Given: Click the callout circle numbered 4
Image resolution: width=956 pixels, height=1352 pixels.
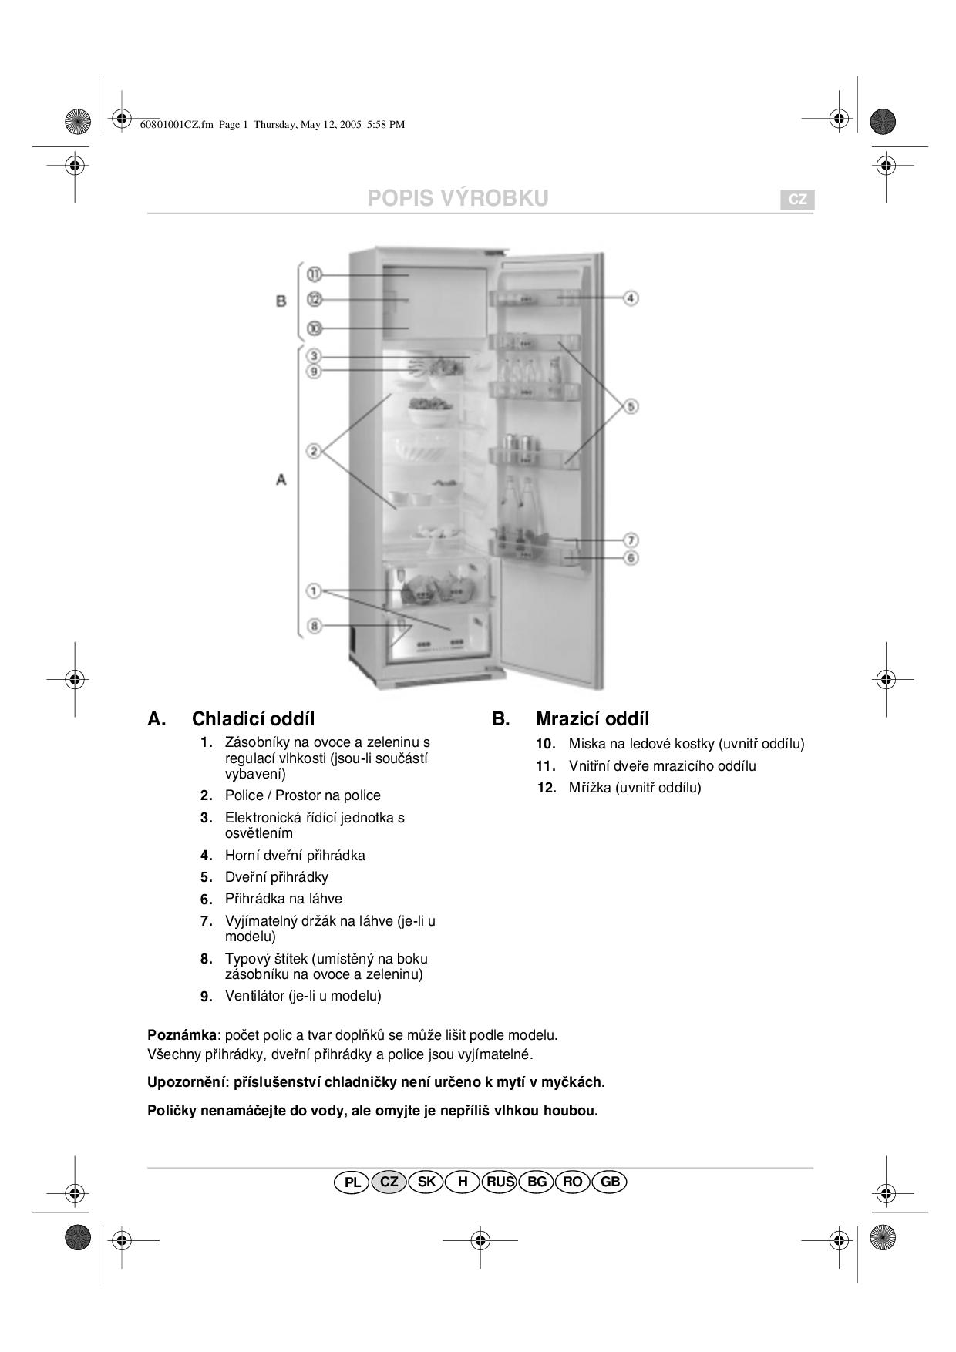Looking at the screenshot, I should pos(631,298).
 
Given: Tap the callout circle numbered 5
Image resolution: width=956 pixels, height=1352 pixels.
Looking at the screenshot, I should pos(631,405).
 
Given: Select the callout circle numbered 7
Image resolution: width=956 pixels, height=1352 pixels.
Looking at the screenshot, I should pos(631,540).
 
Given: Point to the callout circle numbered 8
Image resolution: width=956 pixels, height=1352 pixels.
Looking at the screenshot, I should pos(314,626).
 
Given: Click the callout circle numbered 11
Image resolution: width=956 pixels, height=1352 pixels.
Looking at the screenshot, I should pos(314,274).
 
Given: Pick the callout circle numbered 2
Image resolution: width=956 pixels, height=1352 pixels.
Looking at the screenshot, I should pos(314,451).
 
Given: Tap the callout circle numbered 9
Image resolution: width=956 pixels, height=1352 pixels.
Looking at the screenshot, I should pos(314,372).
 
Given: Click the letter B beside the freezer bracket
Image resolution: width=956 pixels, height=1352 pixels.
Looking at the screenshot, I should pos(281,301).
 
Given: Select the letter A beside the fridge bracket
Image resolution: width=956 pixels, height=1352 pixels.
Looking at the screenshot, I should pos(281,479).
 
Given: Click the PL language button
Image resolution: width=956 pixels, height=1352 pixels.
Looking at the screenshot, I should pos(352,1182).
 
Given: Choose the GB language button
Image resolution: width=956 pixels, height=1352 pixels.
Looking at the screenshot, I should pos(610,1182).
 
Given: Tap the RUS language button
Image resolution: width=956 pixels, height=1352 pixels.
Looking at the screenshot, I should pos(500,1182).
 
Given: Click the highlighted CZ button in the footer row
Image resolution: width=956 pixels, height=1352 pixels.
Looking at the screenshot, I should pos(389,1182).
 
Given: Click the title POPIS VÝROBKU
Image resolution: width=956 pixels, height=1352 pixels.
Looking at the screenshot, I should pos(458,198).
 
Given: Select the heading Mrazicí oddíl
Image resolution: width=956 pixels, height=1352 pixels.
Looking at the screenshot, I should pos(592,719).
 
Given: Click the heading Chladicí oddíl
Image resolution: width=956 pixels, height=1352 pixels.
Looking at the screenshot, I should pos(253,719).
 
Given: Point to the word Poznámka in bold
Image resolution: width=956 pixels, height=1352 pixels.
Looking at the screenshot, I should pos(182,1034).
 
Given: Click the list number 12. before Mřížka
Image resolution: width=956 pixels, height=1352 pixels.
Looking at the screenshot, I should pos(547,788).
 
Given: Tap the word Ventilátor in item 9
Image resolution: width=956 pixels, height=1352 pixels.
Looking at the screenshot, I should pos(254,996).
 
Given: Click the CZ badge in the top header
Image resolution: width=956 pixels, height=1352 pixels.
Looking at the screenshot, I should pos(798,200).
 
